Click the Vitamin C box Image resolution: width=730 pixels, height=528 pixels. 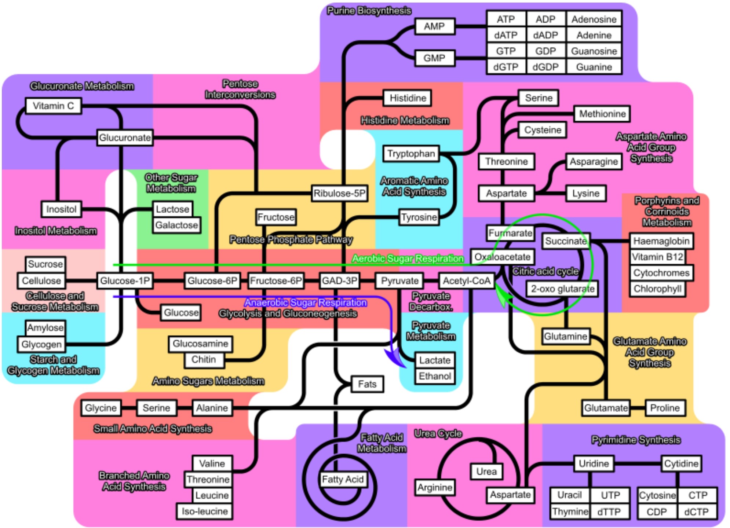coord(54,106)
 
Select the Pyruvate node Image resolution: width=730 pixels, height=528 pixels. coord(399,281)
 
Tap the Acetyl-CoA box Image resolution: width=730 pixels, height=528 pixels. coord(466,281)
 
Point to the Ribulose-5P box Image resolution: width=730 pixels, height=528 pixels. coord(339,193)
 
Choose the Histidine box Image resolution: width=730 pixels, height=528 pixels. coord(408,98)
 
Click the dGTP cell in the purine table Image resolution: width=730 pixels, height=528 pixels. coord(505,67)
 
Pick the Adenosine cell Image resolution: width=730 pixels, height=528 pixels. coord(594,19)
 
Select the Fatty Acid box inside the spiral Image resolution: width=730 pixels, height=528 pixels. coord(343,479)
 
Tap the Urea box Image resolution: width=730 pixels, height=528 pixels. coord(486,472)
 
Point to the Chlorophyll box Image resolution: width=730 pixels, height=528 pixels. coord(657,289)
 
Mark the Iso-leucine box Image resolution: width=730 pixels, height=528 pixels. coord(205,511)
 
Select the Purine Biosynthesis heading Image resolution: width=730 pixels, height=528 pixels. coord(369,11)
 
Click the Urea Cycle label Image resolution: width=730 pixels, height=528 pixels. coord(438,434)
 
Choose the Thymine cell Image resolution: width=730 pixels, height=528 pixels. coord(570,511)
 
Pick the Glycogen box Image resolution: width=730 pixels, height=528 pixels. coord(41,344)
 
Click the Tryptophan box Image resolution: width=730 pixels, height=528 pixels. coord(411,154)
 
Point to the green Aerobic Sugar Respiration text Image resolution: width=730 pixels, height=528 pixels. coord(408,258)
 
